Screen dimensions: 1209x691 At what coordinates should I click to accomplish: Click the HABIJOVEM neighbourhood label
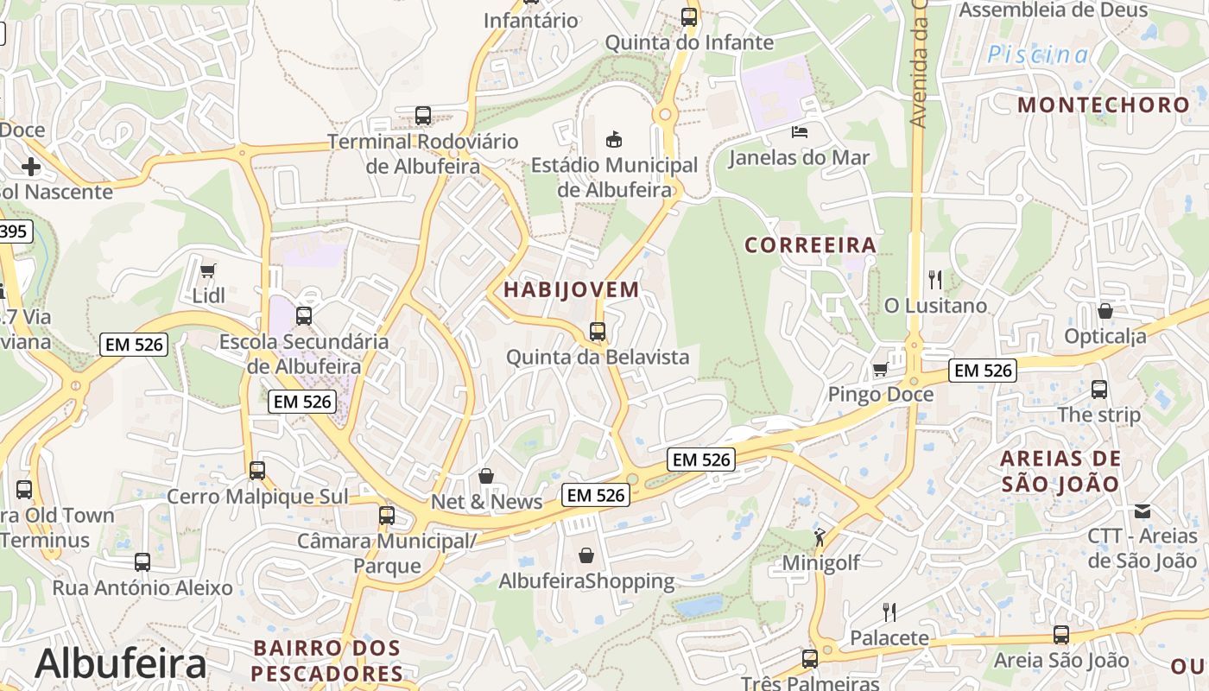click(571, 289)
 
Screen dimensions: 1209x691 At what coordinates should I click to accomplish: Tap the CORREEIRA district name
click(810, 245)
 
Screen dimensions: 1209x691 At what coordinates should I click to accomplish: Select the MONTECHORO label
click(1103, 105)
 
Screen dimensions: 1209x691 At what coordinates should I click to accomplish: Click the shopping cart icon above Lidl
click(207, 271)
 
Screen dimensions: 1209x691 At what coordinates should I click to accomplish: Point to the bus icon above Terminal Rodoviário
click(423, 116)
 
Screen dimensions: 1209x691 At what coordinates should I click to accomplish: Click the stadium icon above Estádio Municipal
click(614, 139)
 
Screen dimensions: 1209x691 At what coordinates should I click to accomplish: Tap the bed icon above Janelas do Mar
click(800, 132)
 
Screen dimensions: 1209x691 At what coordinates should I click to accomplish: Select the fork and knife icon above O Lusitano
click(934, 280)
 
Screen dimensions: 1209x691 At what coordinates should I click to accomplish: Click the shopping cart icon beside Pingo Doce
click(880, 370)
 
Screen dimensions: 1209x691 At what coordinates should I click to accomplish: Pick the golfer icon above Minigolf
click(820, 537)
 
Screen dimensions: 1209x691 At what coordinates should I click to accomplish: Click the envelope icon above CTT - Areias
click(1143, 511)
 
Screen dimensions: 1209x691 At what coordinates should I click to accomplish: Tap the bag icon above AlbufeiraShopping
click(586, 555)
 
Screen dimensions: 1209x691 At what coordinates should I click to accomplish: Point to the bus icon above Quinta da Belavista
click(597, 331)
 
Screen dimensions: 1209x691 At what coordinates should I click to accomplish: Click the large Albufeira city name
click(121, 663)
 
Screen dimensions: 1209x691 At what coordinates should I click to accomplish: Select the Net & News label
click(486, 502)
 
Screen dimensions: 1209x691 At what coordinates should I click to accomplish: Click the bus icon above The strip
click(1098, 390)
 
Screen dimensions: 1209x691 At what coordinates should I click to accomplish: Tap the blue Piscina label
click(1038, 54)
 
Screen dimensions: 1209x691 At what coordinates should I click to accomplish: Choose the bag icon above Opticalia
click(1105, 311)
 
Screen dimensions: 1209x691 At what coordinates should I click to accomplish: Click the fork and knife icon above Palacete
click(889, 612)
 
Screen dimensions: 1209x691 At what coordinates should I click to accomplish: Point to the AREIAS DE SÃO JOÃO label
click(1060, 471)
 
